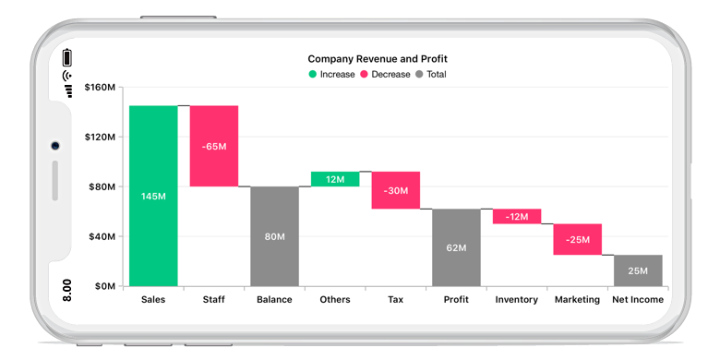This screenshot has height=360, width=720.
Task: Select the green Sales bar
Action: (153, 196)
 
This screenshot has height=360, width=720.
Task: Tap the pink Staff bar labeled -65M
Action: (214, 146)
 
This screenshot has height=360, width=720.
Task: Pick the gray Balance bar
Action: (274, 236)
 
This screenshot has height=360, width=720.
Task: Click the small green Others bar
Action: (335, 179)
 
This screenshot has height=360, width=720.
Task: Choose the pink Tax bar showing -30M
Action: (396, 190)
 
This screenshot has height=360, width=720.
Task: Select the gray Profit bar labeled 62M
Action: (456, 247)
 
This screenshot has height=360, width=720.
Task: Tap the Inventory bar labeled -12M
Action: (517, 216)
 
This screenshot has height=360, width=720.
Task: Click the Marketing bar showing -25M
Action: (578, 239)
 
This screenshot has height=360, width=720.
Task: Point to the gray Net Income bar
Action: (638, 270)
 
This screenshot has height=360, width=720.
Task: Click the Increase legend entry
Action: (331, 74)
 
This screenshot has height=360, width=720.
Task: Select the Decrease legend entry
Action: (385, 74)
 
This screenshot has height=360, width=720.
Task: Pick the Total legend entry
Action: (431, 74)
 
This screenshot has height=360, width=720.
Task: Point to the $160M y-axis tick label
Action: (99, 88)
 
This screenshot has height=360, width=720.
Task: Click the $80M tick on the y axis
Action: (101, 186)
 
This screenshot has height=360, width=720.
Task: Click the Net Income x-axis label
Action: (638, 299)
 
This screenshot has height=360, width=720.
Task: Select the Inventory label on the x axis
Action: (517, 299)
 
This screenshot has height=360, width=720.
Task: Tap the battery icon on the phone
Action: (67, 57)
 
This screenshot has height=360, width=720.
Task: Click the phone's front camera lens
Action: (55, 146)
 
